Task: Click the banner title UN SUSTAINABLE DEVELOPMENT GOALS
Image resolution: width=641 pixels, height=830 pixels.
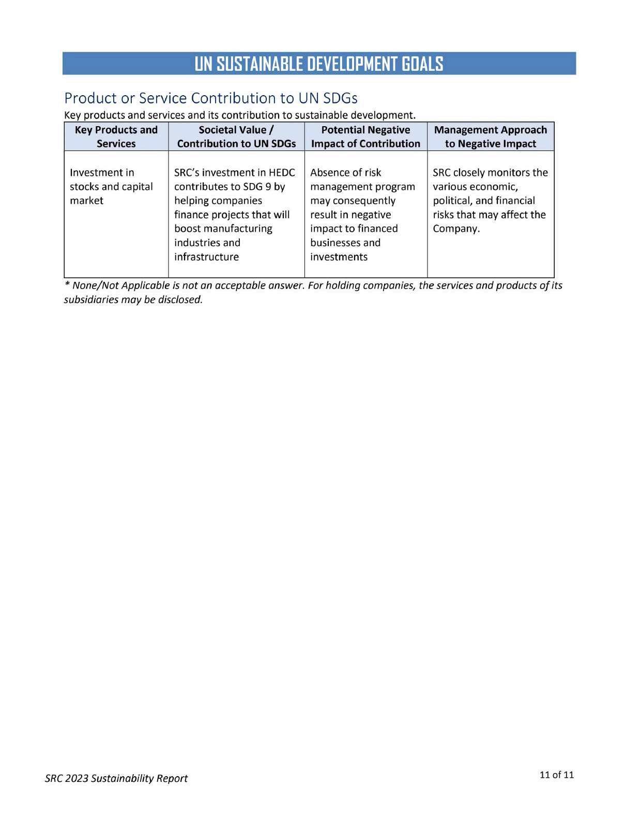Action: point(319,64)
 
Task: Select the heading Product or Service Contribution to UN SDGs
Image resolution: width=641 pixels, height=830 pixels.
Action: point(210,98)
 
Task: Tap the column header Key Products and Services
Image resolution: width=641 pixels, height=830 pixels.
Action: point(116,137)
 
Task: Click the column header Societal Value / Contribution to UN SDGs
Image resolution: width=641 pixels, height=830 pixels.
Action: point(236,137)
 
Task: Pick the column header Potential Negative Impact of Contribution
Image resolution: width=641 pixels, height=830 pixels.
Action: point(365,137)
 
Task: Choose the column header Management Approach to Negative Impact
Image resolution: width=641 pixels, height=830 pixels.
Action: point(490,137)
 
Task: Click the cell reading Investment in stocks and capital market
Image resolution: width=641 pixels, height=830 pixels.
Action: point(111,186)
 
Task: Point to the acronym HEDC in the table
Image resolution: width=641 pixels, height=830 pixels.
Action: point(282,173)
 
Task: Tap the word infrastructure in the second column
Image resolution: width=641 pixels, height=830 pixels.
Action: point(206,257)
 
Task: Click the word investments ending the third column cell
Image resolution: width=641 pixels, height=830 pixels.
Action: point(339,257)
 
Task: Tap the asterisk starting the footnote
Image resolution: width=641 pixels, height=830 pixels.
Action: point(67,284)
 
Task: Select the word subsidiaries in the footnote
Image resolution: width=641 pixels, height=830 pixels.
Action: point(90,299)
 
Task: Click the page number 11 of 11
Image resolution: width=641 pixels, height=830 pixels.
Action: point(556,775)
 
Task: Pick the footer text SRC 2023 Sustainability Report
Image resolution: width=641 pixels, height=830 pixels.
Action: point(116,778)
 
